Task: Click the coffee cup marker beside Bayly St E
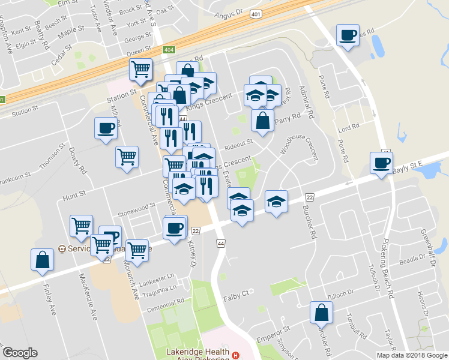pos(381,163)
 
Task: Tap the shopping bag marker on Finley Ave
pos(42,261)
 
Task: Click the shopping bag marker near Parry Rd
pos(262,121)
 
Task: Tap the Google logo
pos(20,353)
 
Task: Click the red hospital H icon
pos(236,355)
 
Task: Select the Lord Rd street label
pos(348,127)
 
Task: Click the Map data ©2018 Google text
pos(412,355)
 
